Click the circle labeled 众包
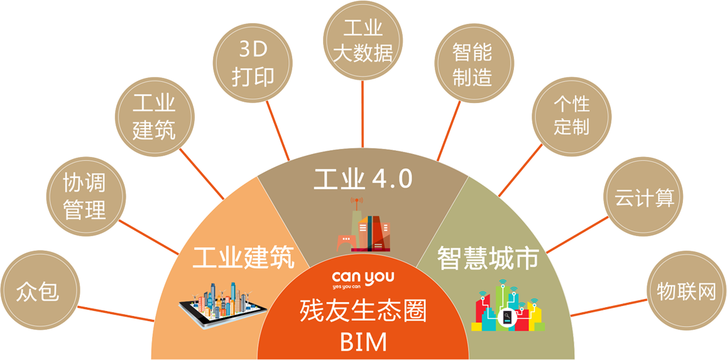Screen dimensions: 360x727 tap(39, 292)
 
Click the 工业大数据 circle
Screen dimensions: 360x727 tap(363, 41)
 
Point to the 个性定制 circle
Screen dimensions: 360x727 tap(571, 116)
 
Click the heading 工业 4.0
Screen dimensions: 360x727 tap(363, 178)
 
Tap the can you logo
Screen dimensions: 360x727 tap(363, 279)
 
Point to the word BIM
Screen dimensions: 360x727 tap(363, 342)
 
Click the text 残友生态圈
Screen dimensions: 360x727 tap(363, 311)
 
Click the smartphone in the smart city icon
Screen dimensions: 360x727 tap(507, 319)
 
